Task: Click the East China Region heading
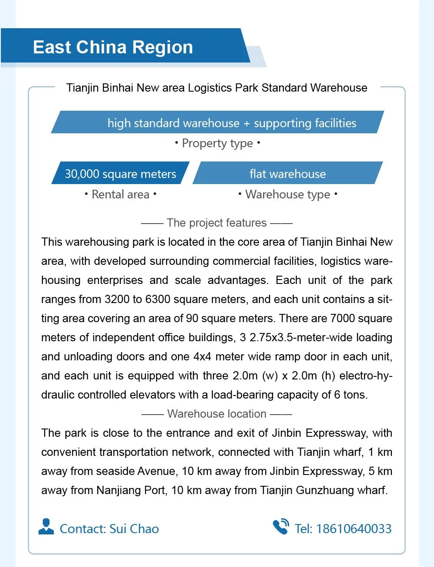click(113, 47)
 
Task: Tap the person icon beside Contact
click(46, 527)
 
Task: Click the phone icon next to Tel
click(281, 527)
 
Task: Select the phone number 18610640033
click(354, 528)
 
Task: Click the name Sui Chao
click(134, 528)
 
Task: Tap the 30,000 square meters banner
click(120, 174)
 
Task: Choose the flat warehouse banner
click(287, 174)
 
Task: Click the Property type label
click(217, 143)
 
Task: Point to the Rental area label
click(120, 194)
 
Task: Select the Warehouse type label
click(287, 194)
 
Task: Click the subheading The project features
click(217, 223)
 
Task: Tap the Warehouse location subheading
click(217, 414)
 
